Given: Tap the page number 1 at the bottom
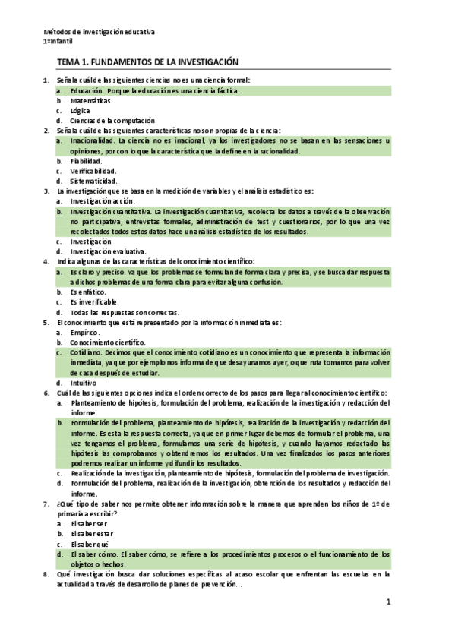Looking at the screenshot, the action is tap(387, 602).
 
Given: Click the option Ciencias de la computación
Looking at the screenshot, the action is tap(112, 120).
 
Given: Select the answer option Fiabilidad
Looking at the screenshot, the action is tap(86, 161).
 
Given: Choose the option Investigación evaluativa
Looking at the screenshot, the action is tap(109, 251).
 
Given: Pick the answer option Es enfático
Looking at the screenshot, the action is tap(88, 292).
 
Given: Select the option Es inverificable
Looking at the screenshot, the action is tap(93, 301).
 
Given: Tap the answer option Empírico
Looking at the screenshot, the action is tap(84, 332).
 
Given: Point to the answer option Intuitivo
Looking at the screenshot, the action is tap(84, 383).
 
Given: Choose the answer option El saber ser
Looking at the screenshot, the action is tap(89, 524).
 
